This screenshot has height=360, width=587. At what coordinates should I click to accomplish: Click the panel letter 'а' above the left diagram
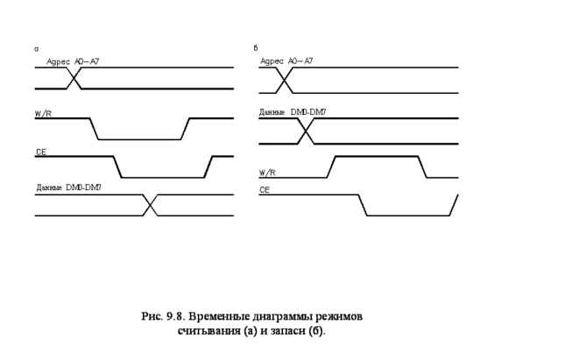(x=36, y=49)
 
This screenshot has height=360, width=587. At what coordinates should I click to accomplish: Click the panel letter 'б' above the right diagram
(x=255, y=49)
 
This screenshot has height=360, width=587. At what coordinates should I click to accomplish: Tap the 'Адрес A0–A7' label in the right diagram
(x=286, y=61)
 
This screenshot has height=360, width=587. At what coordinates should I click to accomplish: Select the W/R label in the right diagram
(x=267, y=172)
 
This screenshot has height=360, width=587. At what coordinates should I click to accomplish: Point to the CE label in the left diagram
(x=40, y=152)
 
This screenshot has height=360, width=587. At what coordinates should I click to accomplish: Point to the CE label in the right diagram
(x=264, y=189)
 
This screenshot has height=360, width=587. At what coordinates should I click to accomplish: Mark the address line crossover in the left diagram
(x=74, y=78)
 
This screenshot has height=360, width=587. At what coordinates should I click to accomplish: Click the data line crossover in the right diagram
(x=306, y=131)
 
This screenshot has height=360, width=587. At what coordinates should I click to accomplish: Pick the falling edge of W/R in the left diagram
(x=95, y=129)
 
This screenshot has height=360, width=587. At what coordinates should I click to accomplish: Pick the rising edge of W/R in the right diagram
(x=332, y=166)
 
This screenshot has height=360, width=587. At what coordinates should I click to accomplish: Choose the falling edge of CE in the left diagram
(x=117, y=166)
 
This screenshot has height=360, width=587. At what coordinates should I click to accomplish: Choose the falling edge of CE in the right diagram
(x=363, y=205)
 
